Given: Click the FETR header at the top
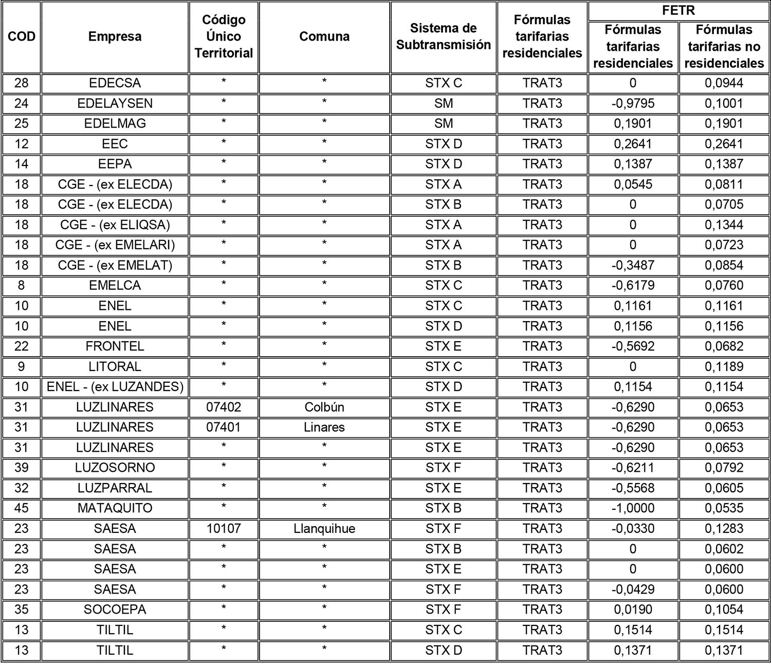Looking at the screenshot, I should [x=678, y=11].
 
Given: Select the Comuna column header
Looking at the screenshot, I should [x=324, y=36].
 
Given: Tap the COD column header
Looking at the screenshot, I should [x=22, y=36].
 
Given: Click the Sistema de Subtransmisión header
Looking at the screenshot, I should [x=444, y=36].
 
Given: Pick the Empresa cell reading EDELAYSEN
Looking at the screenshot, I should [x=115, y=103].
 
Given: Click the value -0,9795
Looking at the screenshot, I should [x=633, y=103].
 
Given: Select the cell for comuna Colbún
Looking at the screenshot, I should [x=324, y=407].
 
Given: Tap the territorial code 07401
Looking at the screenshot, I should [x=224, y=427].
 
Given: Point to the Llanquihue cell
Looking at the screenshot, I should [x=324, y=528].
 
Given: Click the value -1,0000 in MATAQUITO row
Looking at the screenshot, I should [x=633, y=508].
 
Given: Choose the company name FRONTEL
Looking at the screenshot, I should [x=115, y=346].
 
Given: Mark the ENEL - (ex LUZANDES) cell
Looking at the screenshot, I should [x=115, y=386].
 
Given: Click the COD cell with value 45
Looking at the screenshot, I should [x=22, y=508].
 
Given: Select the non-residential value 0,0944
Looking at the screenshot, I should [x=724, y=83].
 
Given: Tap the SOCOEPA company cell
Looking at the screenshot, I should [x=115, y=609].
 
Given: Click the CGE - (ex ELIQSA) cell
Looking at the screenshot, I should [x=115, y=225].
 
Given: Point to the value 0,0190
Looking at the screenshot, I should [x=633, y=609].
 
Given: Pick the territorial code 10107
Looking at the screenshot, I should [x=224, y=528].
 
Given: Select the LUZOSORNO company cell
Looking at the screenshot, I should [x=115, y=468].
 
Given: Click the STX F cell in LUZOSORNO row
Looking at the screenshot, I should [x=444, y=468].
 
